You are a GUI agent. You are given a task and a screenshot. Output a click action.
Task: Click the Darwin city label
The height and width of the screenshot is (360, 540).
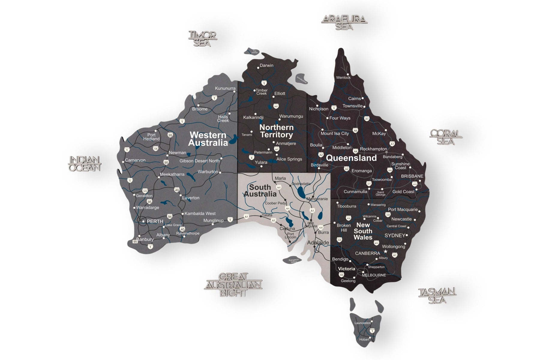coord(266,65)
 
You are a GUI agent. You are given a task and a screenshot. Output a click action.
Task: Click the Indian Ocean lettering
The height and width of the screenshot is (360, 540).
coord(85,163)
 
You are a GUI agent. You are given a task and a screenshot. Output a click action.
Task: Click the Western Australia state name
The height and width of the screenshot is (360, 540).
coord(208,139)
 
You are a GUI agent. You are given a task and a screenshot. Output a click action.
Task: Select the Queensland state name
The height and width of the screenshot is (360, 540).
coord(351,158)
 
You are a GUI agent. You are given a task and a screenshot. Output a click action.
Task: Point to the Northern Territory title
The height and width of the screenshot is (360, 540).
coord(276,131)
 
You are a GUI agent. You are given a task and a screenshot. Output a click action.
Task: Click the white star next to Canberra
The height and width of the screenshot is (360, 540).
coord(385,251)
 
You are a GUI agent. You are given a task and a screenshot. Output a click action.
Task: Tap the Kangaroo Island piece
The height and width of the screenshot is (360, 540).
coord(292,260)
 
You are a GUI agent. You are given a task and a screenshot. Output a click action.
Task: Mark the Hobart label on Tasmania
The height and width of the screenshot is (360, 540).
coord(364,339)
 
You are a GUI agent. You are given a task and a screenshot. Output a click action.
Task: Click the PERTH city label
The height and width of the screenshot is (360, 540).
coord(155,221)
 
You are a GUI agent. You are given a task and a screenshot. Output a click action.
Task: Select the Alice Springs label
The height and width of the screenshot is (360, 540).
coord(289,159)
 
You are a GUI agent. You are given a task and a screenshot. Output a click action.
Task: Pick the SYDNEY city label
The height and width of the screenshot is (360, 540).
coord(395,235)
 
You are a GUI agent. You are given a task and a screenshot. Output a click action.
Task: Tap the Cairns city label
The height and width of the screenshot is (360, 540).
coord(354,98)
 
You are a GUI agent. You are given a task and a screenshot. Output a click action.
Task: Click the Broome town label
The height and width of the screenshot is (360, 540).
coord(200,109)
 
